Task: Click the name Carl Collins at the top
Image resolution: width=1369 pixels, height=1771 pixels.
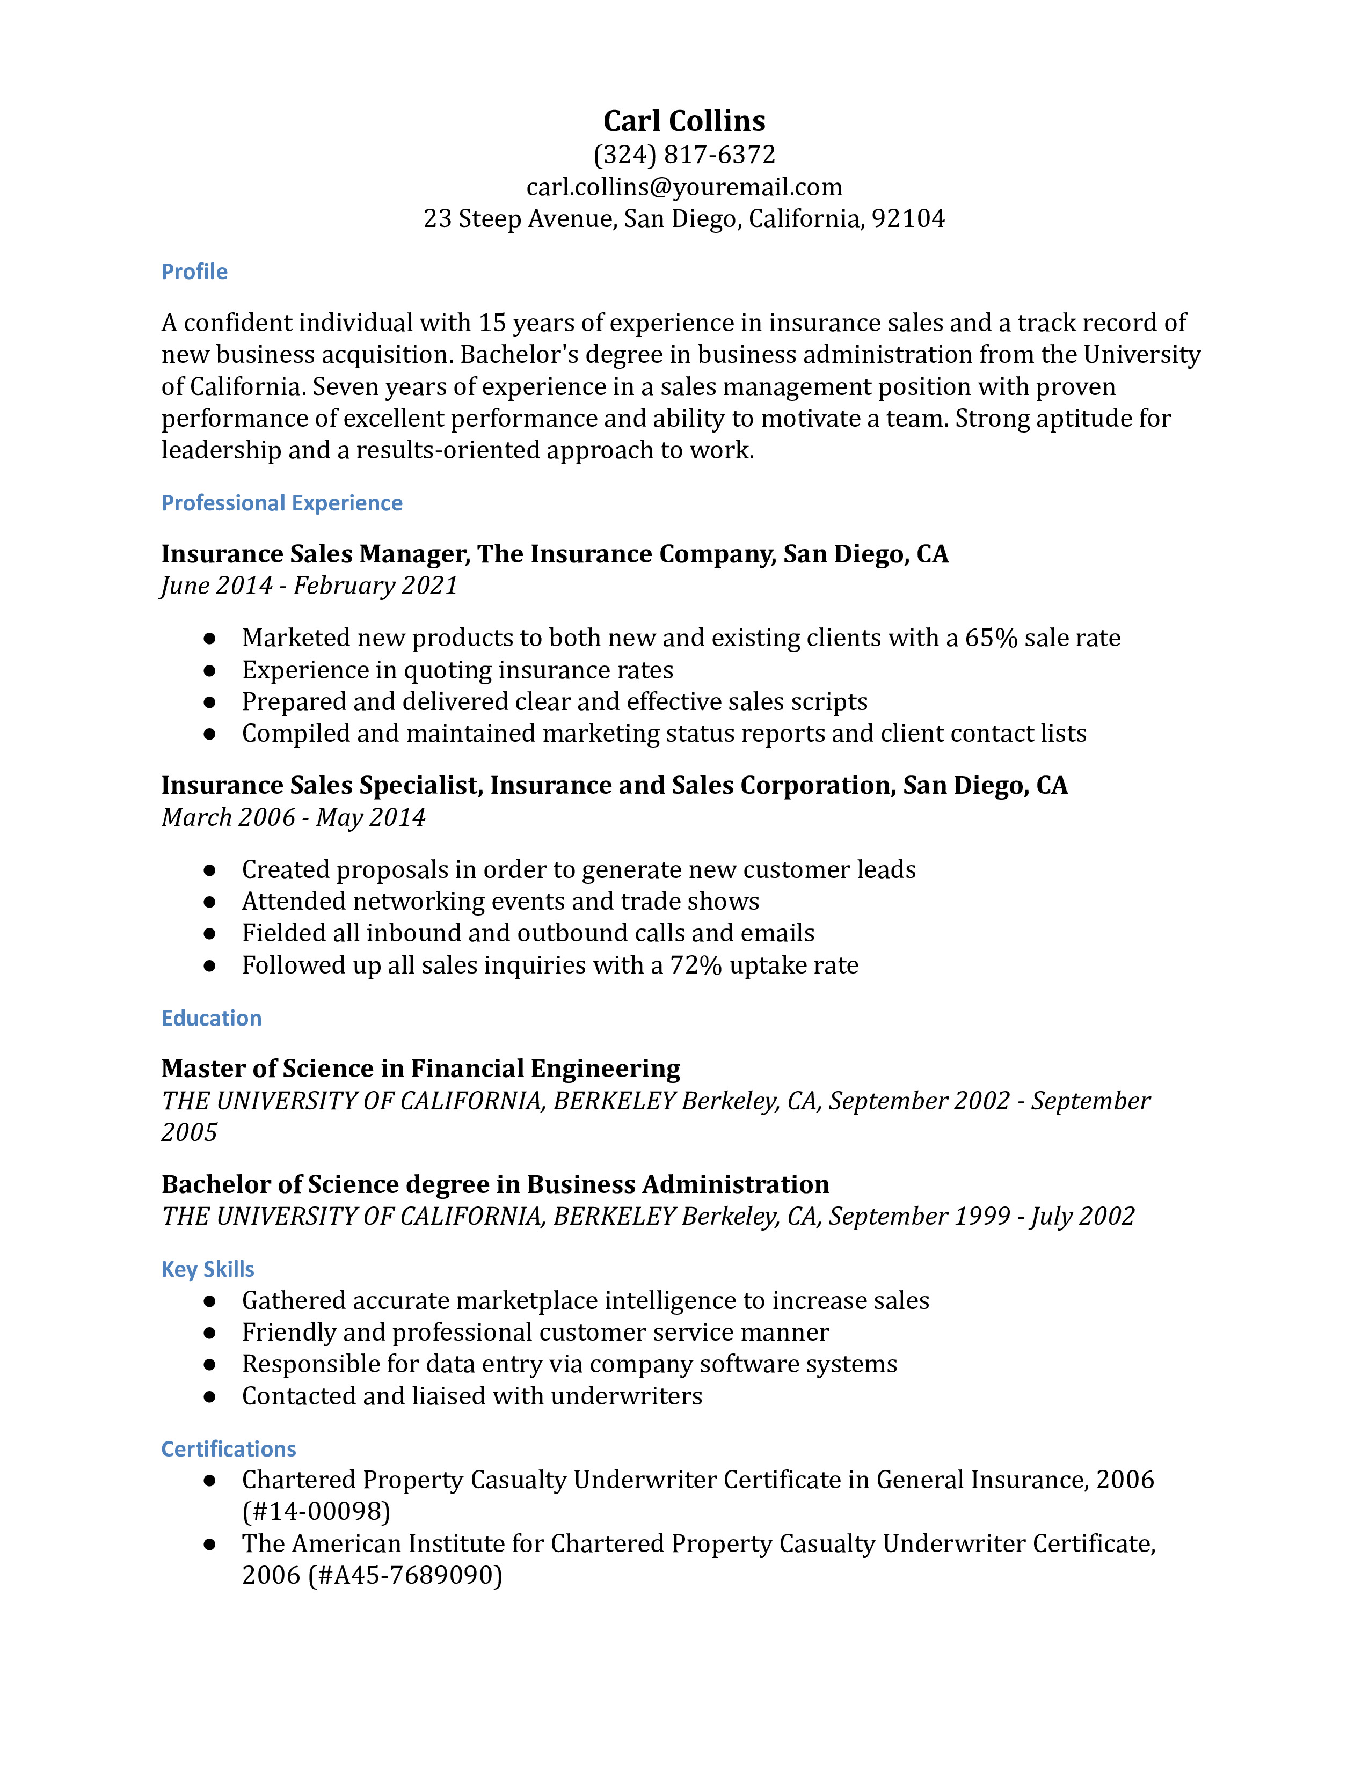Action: (x=683, y=121)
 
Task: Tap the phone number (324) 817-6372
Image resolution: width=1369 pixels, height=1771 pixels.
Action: (x=683, y=154)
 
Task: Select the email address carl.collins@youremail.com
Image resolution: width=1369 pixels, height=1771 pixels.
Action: (x=683, y=187)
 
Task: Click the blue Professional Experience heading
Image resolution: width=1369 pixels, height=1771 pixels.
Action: (x=281, y=503)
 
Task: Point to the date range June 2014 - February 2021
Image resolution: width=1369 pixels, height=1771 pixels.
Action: (x=309, y=586)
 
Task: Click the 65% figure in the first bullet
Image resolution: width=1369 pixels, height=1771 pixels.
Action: (x=991, y=638)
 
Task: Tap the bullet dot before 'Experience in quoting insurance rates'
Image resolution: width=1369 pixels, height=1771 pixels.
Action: (x=209, y=671)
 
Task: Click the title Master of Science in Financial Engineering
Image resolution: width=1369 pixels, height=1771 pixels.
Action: (x=420, y=1069)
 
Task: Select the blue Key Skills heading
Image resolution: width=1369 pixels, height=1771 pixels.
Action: (x=208, y=1269)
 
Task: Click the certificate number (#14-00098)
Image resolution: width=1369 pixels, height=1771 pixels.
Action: (x=316, y=1511)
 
